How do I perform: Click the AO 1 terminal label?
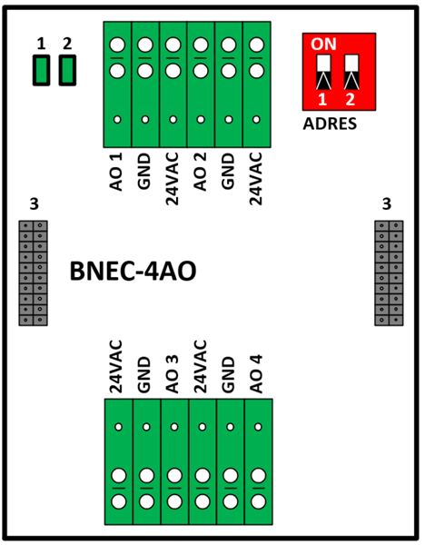coord(116,172)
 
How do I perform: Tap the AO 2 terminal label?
coord(200,172)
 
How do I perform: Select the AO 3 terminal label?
coord(173,374)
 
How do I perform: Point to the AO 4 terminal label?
coord(256,374)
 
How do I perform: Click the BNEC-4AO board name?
coord(133,271)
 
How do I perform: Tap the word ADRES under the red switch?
coord(330,124)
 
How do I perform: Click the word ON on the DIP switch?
coord(323,45)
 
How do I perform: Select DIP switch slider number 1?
coord(323,72)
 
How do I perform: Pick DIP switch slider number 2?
coord(351,72)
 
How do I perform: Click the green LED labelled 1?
coord(42,70)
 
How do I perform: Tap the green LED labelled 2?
coord(67,70)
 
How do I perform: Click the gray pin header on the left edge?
coord(33,273)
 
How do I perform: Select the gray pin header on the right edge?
coord(389,273)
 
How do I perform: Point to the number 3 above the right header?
coord(387,204)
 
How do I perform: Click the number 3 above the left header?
coord(35,204)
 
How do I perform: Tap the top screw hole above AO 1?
coord(117,45)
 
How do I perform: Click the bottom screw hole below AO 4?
coord(258,501)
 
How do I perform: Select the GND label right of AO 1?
coord(144,172)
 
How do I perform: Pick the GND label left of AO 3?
coord(144,374)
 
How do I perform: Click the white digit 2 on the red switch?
coord(351,99)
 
